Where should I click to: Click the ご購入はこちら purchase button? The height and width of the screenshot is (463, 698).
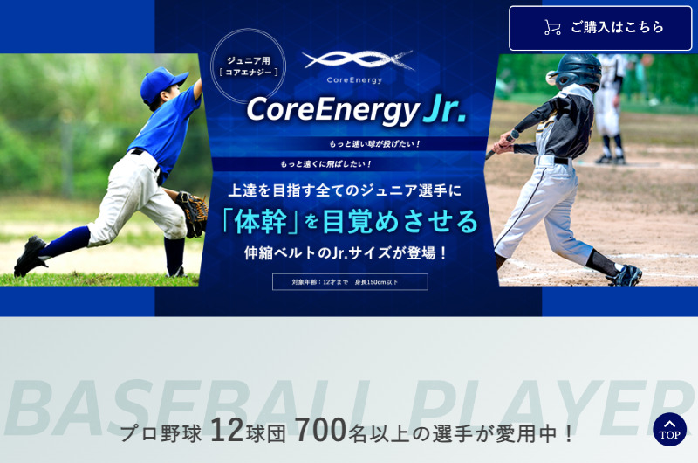[600, 28]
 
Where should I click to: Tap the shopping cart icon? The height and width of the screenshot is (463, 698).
[552, 28]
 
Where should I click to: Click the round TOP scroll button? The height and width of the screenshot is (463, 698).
[669, 429]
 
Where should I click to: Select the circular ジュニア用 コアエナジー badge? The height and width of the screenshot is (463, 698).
[249, 66]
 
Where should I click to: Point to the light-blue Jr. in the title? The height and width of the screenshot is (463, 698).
[445, 110]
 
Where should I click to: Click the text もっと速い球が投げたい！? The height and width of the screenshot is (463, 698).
[375, 143]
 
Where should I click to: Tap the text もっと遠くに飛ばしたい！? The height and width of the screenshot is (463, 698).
[326, 163]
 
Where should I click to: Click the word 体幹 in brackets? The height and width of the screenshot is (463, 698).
[260, 220]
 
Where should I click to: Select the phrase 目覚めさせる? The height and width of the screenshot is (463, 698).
[400, 220]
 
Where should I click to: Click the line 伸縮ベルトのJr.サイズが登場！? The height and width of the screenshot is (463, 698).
[346, 253]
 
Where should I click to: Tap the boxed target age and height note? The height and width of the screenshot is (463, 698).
[349, 281]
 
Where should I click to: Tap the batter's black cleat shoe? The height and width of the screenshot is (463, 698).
[626, 275]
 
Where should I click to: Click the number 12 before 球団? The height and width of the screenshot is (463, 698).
[226, 430]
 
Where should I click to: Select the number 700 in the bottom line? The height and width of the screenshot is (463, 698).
[320, 430]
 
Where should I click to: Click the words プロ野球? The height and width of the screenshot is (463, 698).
[161, 432]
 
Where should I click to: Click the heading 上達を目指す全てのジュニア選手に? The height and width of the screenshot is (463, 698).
[346, 190]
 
